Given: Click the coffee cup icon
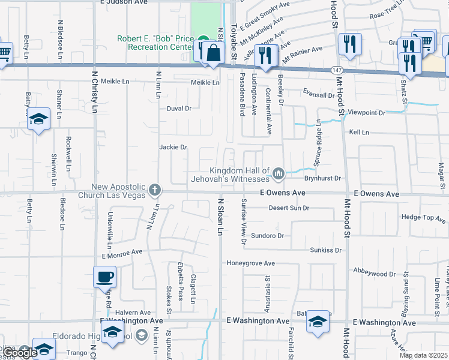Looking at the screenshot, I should point(105,277).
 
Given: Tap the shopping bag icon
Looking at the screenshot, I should point(213,52).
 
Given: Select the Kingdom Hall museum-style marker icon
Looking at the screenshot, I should point(278,174).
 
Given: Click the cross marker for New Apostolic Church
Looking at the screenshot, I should point(155,190).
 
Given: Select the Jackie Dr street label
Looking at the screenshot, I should point(173,147).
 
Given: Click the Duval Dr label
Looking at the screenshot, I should point(179,109).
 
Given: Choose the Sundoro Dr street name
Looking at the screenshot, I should point(267,235).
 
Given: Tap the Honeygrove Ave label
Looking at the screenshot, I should point(250,263).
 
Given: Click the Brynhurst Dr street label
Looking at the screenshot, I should point(322,178).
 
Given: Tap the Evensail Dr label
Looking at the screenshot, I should point(318,95).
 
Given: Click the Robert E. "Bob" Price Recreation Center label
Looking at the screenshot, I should point(155,43).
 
